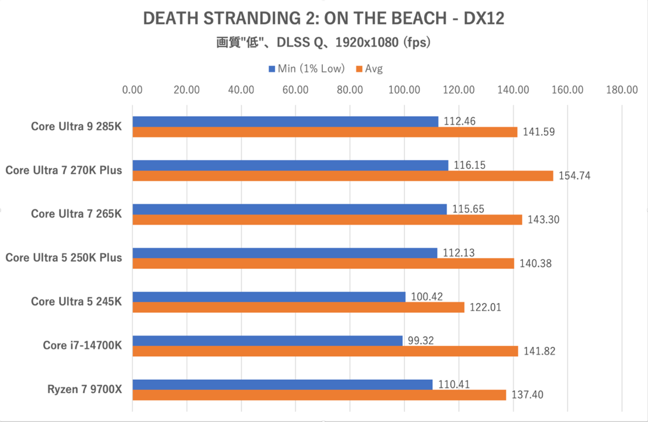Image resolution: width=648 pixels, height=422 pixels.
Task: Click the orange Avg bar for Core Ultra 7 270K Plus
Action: click(x=343, y=176)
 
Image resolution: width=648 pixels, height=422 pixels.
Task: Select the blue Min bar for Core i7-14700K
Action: click(x=267, y=340)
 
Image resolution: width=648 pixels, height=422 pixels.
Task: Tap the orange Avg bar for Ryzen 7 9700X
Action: click(x=319, y=395)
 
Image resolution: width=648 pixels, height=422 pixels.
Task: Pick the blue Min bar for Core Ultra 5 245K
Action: click(x=269, y=297)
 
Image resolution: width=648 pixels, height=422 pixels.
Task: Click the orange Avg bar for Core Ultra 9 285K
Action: click(x=325, y=132)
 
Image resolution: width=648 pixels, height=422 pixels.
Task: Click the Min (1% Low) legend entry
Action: click(x=308, y=69)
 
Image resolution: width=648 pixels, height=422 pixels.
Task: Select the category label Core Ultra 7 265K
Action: click(x=76, y=214)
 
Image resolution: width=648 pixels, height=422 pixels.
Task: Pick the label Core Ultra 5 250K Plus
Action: click(x=64, y=258)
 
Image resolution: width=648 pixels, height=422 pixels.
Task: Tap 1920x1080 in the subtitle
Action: click(x=367, y=42)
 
